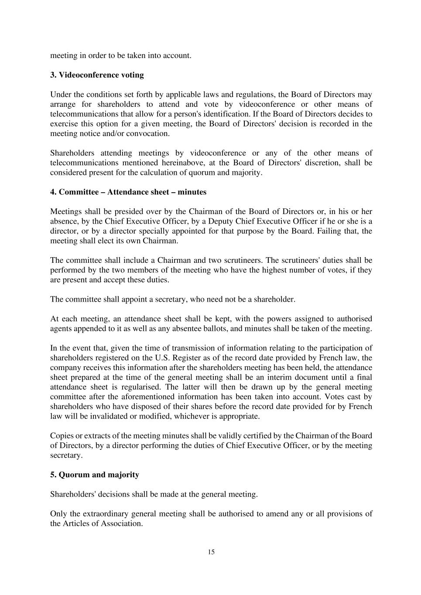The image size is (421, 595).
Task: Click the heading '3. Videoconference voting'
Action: [97, 75]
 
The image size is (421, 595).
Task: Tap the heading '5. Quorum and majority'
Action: [95, 475]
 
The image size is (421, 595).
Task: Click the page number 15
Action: [211, 552]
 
